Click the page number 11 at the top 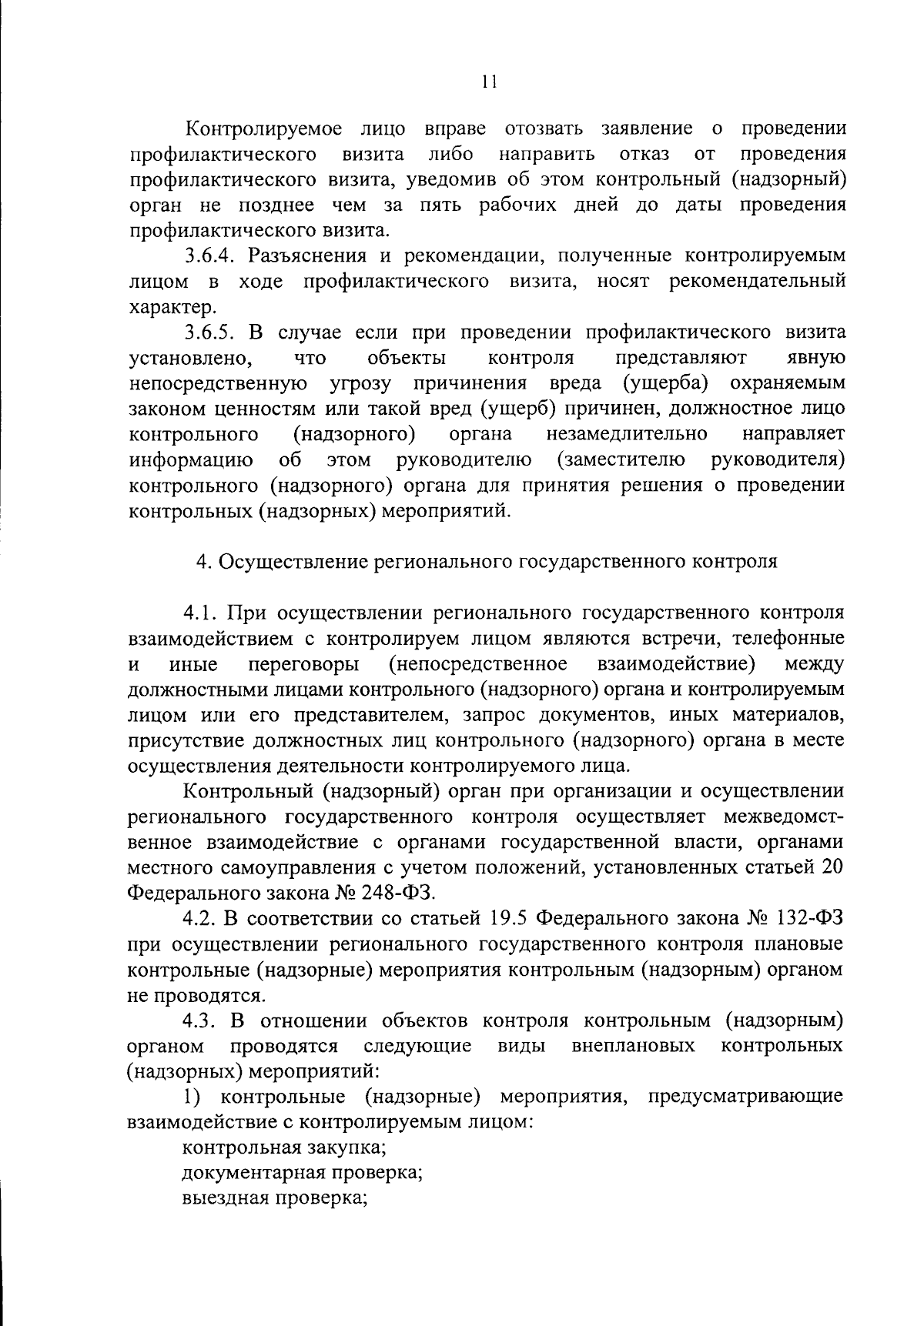[488, 82]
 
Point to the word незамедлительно [627, 435]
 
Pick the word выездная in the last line [224, 1198]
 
